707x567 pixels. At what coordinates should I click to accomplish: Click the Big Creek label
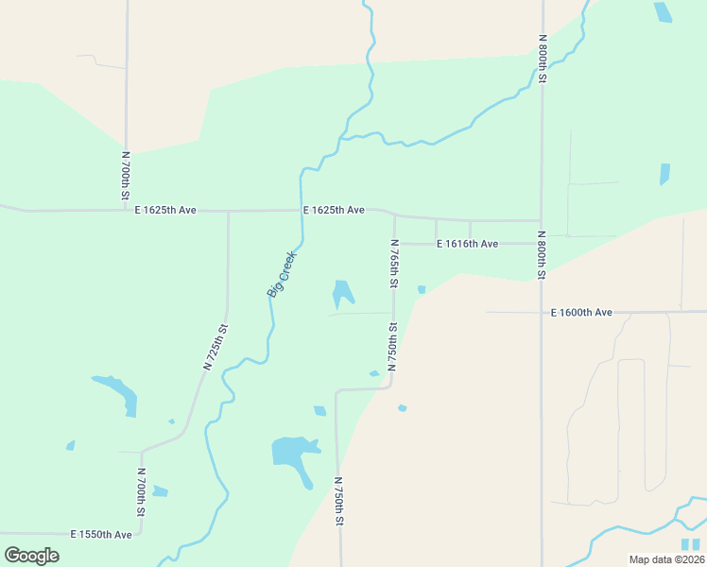click(x=282, y=274)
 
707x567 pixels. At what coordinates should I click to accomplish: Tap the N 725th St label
click(x=216, y=347)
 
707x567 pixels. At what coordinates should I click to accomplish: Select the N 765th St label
click(x=394, y=264)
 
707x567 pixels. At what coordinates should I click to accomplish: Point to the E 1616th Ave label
click(x=467, y=244)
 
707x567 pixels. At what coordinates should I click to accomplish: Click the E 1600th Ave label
click(x=581, y=312)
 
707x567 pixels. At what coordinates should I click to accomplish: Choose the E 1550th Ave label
click(x=101, y=535)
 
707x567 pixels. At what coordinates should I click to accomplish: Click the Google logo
click(x=31, y=556)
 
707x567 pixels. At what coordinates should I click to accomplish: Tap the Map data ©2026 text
click(x=666, y=559)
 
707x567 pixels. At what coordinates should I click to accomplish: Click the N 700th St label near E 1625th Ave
click(x=126, y=176)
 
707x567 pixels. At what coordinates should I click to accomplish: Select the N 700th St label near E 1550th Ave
click(x=141, y=492)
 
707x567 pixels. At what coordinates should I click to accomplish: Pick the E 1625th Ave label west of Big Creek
click(x=165, y=210)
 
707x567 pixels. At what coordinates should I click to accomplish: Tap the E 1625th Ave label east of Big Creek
click(x=334, y=210)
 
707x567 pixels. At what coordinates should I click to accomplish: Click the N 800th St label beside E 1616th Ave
click(x=542, y=255)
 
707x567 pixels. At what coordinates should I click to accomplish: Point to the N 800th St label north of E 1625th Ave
click(x=543, y=59)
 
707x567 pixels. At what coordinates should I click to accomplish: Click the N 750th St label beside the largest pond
click(x=338, y=501)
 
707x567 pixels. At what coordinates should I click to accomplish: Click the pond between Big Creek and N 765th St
click(x=341, y=293)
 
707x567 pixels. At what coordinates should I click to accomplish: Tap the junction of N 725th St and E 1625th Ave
click(x=228, y=211)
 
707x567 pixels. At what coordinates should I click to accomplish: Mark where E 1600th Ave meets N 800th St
click(x=542, y=312)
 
